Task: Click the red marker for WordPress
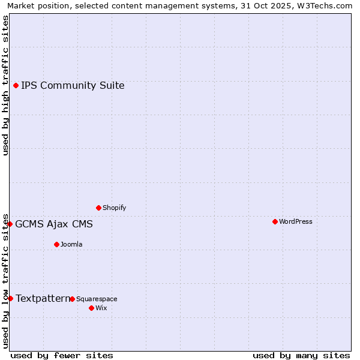[x=275, y=221]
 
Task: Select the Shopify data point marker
[x=98, y=208]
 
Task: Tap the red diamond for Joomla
[x=56, y=244]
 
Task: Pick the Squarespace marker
[x=72, y=299]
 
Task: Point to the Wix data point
[x=91, y=308]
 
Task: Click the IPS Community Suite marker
[x=16, y=85]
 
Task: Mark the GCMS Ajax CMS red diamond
[x=10, y=224]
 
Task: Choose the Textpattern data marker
[x=10, y=298]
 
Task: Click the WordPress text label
[x=296, y=221]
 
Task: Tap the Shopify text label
[x=115, y=208]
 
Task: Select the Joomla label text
[x=71, y=244]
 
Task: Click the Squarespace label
[x=97, y=299]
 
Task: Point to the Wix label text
[x=101, y=308]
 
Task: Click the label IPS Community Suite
[x=73, y=85]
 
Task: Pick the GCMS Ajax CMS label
[x=54, y=224]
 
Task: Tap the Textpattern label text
[x=42, y=298]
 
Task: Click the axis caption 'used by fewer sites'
[x=62, y=355]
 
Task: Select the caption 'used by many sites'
[x=301, y=355]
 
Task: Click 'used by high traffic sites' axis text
[x=5, y=85]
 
